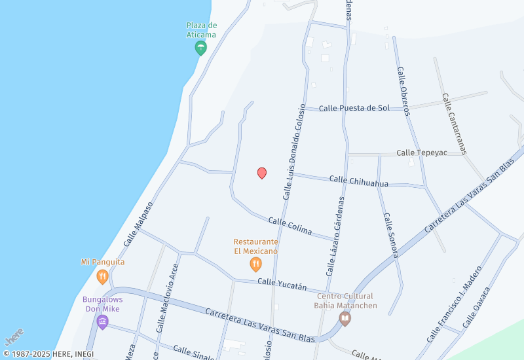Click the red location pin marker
click(x=262, y=173)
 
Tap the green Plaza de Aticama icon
click(x=201, y=47)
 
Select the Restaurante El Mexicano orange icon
click(x=256, y=264)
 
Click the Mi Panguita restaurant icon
click(x=102, y=276)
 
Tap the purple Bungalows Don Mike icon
click(x=102, y=321)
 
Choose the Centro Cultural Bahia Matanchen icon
click(x=345, y=318)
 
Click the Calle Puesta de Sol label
click(x=354, y=108)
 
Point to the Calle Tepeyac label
click(x=421, y=153)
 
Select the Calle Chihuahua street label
click(x=358, y=181)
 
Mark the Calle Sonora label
click(x=391, y=235)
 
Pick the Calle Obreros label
click(x=403, y=91)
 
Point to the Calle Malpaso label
click(x=138, y=224)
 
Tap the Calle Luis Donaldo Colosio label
click(x=294, y=152)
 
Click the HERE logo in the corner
click(x=14, y=336)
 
